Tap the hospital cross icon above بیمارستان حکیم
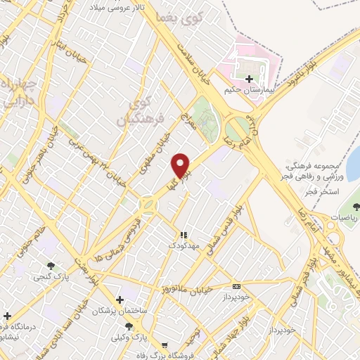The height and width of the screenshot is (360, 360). (x=249, y=79)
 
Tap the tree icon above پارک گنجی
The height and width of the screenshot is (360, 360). (x=51, y=266)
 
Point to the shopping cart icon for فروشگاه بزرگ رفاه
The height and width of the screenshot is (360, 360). (x=164, y=345)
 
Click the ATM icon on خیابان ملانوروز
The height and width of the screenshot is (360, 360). (x=236, y=286)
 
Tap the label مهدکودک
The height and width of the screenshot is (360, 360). (x=184, y=246)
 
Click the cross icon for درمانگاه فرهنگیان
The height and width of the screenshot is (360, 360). (x=6, y=316)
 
